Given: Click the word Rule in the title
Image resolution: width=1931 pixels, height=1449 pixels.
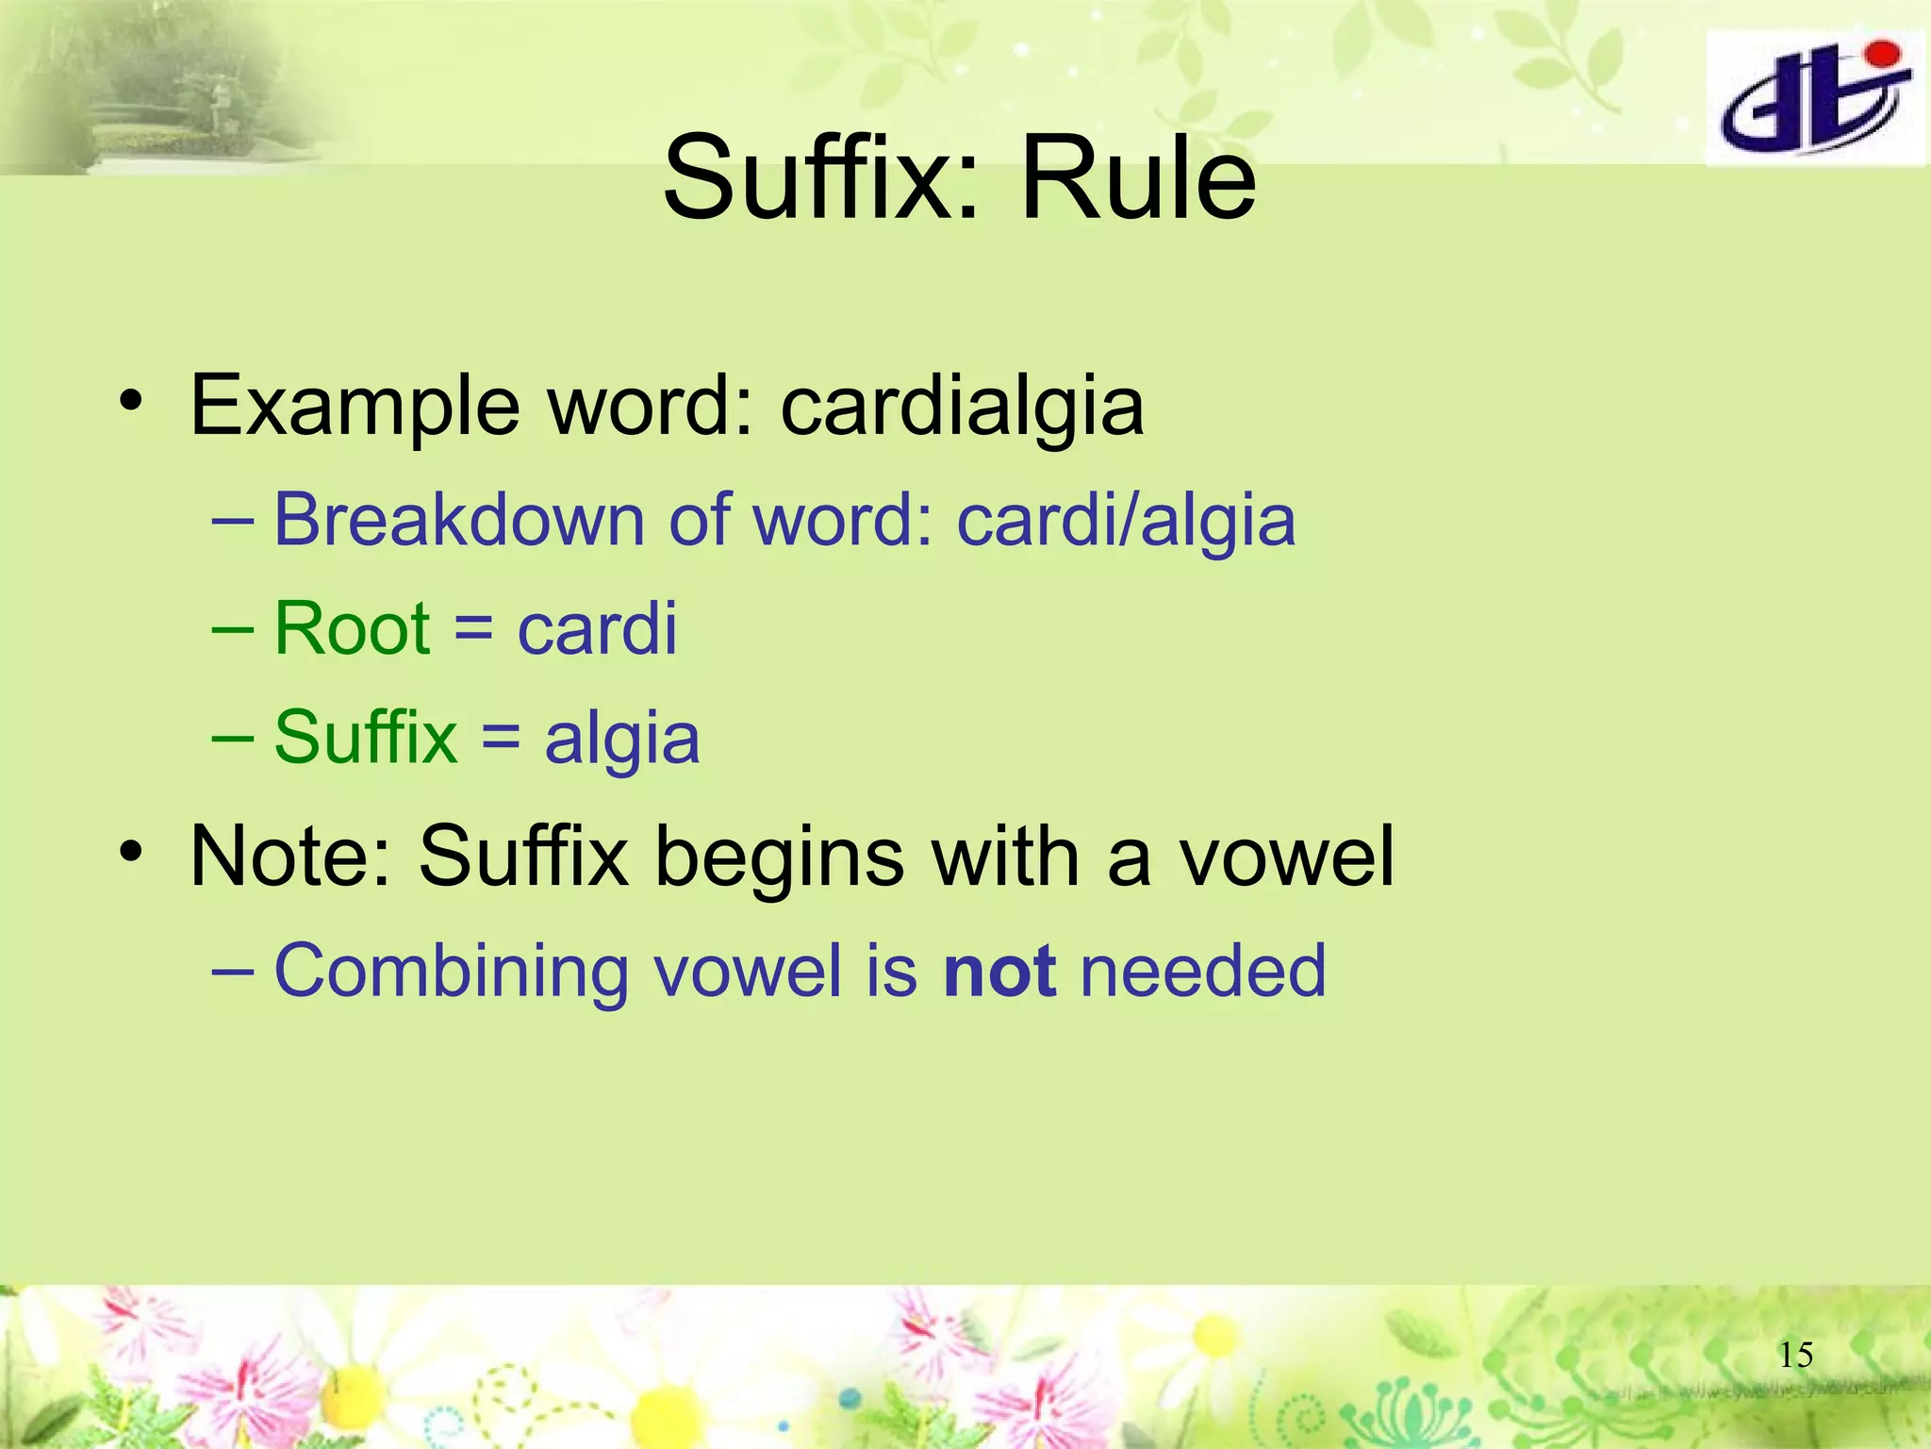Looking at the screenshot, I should pos(1138,177).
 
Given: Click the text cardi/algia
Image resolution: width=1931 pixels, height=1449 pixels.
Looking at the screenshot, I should pos(1126,522).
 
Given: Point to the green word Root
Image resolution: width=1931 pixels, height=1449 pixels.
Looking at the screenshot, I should pos(352,629).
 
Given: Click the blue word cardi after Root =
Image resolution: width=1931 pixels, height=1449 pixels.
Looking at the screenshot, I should pos(597,629).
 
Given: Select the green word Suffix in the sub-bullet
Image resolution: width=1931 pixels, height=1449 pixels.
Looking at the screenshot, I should pos(365,737).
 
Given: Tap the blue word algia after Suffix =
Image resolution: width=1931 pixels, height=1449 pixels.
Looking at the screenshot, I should pos(622,739).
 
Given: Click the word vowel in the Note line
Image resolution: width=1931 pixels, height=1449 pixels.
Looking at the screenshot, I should pos(1287,857).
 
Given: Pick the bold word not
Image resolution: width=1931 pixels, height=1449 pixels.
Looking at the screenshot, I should pos(999,971).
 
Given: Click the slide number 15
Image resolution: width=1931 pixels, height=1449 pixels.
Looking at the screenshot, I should pos(1795,1356).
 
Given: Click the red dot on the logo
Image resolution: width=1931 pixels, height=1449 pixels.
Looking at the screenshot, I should pos(1880,56).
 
